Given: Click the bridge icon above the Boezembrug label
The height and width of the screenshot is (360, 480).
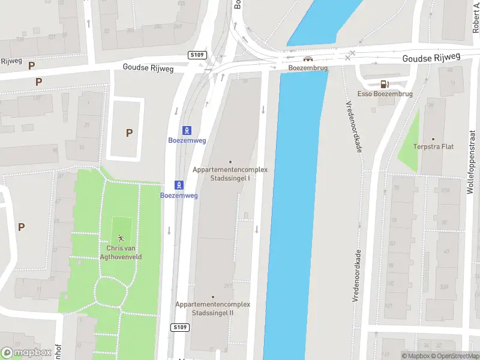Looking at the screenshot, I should click(308, 59).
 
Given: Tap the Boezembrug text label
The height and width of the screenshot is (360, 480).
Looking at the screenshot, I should click(308, 68).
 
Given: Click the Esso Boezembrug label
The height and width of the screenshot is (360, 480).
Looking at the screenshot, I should click(385, 94).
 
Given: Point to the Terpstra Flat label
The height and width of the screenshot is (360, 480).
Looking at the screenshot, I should click(433, 146).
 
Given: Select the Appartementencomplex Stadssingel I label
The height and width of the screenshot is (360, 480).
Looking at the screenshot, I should click(230, 173).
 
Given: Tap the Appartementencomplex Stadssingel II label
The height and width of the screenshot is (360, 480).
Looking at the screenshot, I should click(212, 308).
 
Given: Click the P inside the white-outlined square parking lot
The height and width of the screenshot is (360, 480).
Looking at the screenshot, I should click(129, 133).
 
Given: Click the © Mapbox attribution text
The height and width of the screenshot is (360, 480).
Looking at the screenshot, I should click(415, 356).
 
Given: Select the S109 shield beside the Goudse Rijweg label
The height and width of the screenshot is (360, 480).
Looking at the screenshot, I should click(199, 55).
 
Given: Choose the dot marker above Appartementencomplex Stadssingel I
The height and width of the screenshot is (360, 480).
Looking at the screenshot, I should click(230, 161).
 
